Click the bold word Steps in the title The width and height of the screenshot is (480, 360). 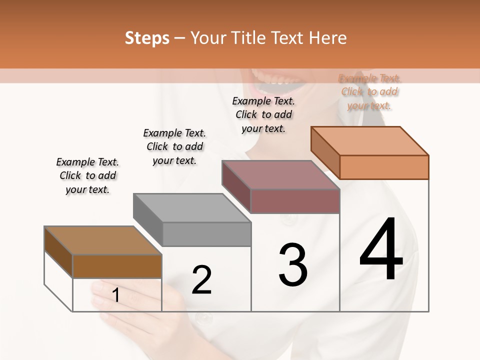[147, 38]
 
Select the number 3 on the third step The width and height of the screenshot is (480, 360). [293, 265]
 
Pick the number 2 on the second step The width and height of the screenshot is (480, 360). [201, 280]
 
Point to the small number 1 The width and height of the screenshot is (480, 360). [116, 295]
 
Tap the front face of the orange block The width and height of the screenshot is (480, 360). [384, 167]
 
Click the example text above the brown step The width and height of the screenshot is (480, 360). [87, 175]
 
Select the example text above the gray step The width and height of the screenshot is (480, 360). [174, 146]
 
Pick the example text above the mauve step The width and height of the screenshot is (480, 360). [263, 114]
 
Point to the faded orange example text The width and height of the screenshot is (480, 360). [369, 91]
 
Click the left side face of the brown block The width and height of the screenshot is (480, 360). [58, 252]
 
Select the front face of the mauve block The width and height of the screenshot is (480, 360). [295, 201]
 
